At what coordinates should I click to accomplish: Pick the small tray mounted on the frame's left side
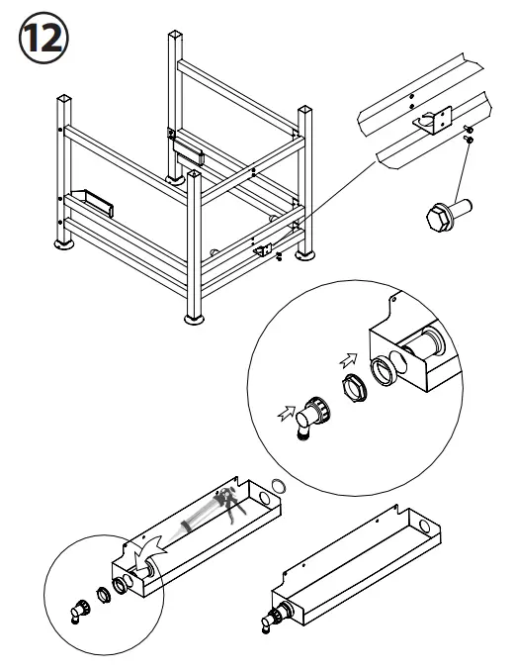pyautogui.click(x=92, y=203)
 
